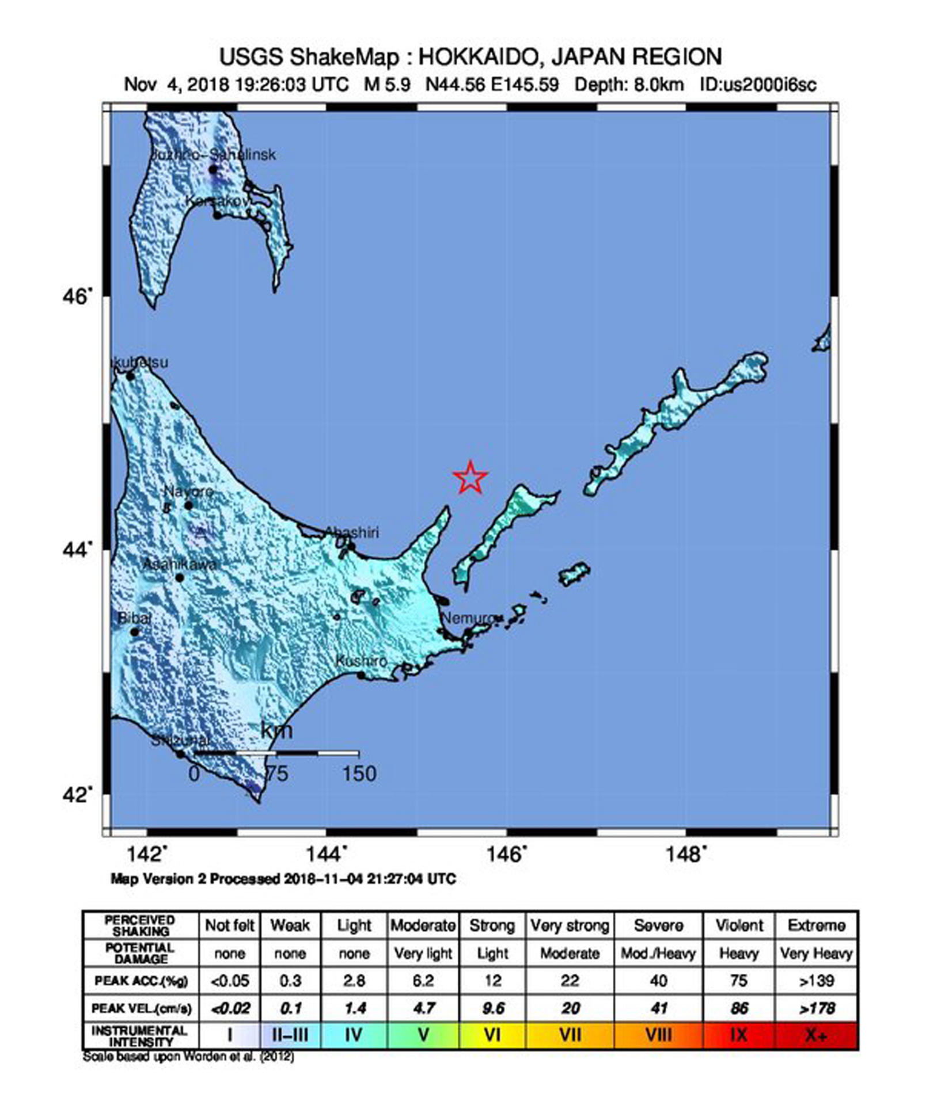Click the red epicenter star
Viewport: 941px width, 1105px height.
tap(470, 477)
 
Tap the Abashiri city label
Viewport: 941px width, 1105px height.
tap(352, 532)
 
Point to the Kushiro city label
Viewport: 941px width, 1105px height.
tap(361, 661)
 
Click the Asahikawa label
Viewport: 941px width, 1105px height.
tap(179, 565)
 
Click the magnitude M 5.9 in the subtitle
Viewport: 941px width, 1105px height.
tap(387, 85)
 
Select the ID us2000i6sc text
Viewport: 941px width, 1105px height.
tap(758, 85)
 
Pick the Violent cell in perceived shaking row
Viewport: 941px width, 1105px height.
tap(739, 926)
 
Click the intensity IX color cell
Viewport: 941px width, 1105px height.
tap(739, 1035)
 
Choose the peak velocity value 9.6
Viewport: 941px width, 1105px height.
tap(492, 1008)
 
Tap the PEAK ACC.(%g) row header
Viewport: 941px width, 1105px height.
tap(141, 981)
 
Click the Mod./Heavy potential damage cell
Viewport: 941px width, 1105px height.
tap(658, 954)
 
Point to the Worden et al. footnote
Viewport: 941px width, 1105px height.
tap(188, 1057)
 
